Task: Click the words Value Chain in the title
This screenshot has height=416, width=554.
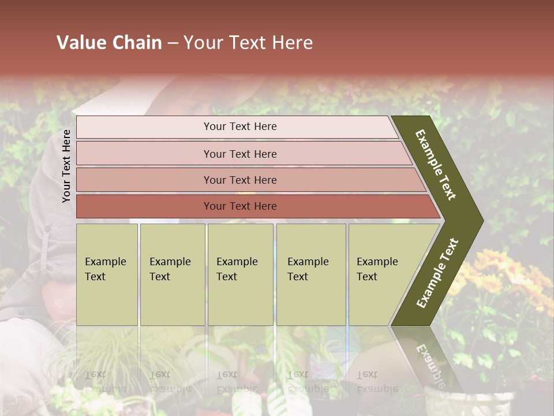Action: click(x=109, y=43)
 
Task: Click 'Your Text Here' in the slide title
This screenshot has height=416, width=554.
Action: click(x=248, y=43)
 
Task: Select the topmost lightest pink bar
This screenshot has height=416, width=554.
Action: click(x=239, y=127)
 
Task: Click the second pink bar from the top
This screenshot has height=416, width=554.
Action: click(x=239, y=154)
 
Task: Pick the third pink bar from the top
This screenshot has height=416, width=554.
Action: click(x=239, y=180)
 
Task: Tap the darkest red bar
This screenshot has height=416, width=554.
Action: click(x=239, y=206)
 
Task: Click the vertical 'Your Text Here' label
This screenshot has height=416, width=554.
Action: click(x=66, y=166)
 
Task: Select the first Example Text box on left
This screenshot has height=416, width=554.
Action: click(x=107, y=274)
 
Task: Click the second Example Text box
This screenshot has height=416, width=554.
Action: click(x=172, y=274)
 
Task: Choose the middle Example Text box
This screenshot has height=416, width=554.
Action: click(x=240, y=274)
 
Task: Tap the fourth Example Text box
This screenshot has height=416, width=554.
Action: click(x=310, y=274)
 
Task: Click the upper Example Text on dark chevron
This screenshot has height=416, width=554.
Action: click(x=436, y=165)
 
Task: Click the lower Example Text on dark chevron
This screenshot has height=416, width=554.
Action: click(x=437, y=273)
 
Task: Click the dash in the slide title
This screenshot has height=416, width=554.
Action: click(x=173, y=43)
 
